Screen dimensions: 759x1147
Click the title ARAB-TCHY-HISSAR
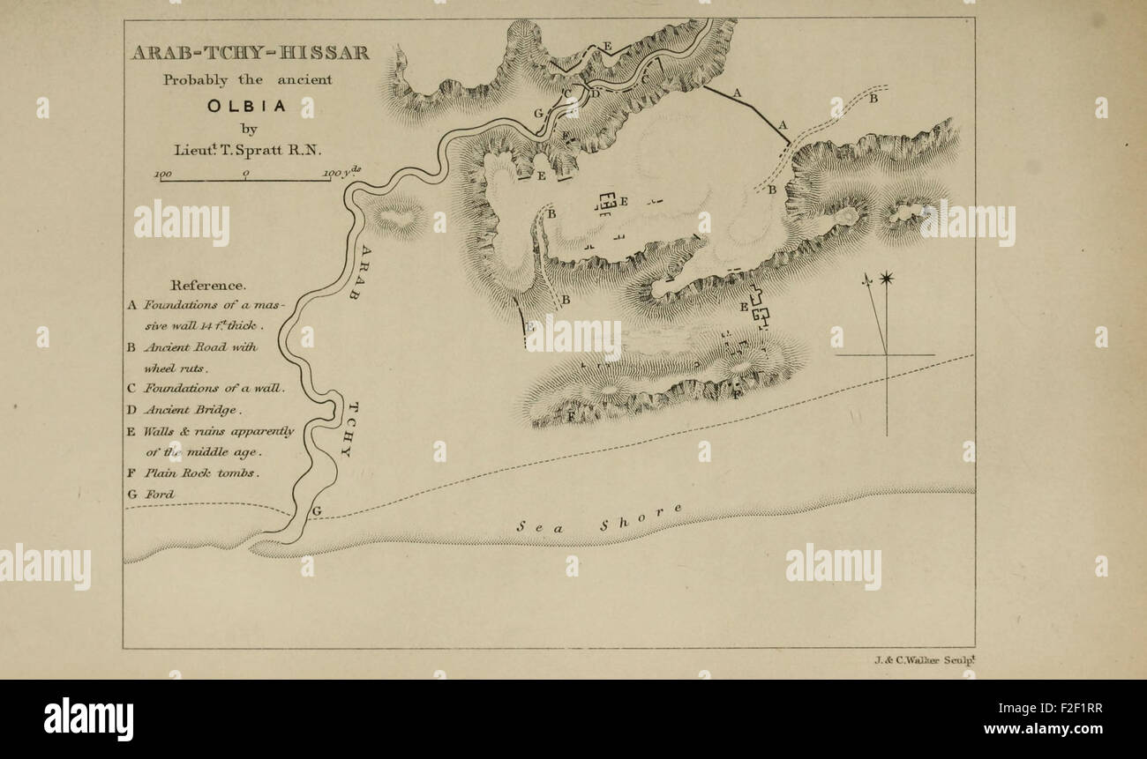[251, 53]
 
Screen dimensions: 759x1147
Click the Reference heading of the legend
[208, 285]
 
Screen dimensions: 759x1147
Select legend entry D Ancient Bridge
[185, 409]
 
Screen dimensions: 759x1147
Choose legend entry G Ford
[151, 494]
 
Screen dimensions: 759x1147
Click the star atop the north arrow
[886, 279]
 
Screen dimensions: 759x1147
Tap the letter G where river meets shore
[316, 510]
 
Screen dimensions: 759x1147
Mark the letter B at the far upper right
[873, 99]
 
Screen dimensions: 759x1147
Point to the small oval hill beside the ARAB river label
[399, 215]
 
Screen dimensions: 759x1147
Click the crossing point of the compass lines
[886, 355]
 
